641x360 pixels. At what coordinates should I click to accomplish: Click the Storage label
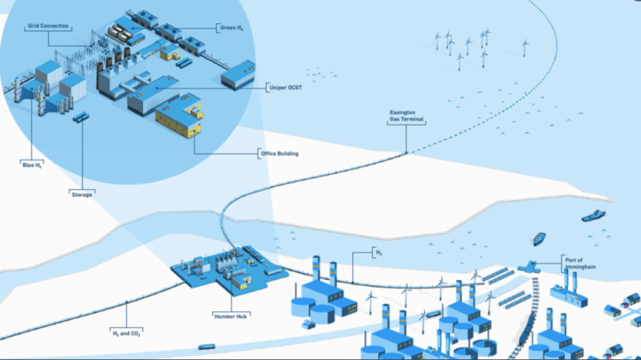[x=82, y=194]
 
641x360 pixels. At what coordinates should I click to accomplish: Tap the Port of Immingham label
[x=578, y=264]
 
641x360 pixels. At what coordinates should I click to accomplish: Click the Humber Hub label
[x=230, y=316]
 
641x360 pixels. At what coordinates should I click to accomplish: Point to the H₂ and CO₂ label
[x=127, y=332]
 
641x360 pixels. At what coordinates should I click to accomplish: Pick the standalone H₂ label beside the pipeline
[x=380, y=253]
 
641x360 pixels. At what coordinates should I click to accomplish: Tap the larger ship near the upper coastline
[x=595, y=215]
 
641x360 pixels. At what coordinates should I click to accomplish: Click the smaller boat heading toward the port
[x=538, y=238]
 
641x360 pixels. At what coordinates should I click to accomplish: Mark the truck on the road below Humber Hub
[x=207, y=347]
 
